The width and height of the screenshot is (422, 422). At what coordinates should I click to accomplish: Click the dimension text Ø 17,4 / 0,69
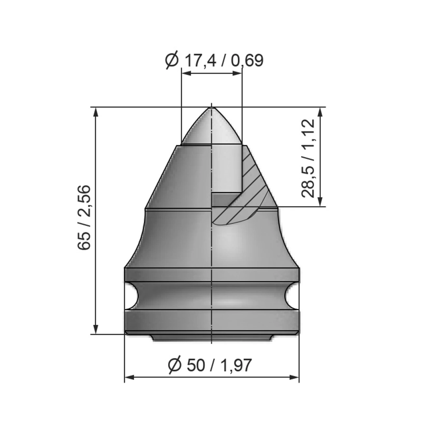214,61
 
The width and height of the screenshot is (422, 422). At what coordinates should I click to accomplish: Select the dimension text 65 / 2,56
84,218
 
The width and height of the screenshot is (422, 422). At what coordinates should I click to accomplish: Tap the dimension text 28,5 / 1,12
308,158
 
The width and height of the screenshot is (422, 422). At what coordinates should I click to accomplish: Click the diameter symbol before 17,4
172,61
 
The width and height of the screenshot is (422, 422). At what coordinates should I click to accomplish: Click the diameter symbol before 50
175,365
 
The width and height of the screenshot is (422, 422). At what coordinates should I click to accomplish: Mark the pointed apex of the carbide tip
211,108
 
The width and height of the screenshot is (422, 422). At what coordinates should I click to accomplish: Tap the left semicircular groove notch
131,296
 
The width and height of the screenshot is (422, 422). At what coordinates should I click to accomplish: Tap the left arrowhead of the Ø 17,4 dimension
186,73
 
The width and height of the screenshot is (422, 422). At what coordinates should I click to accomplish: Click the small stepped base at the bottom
211,338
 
